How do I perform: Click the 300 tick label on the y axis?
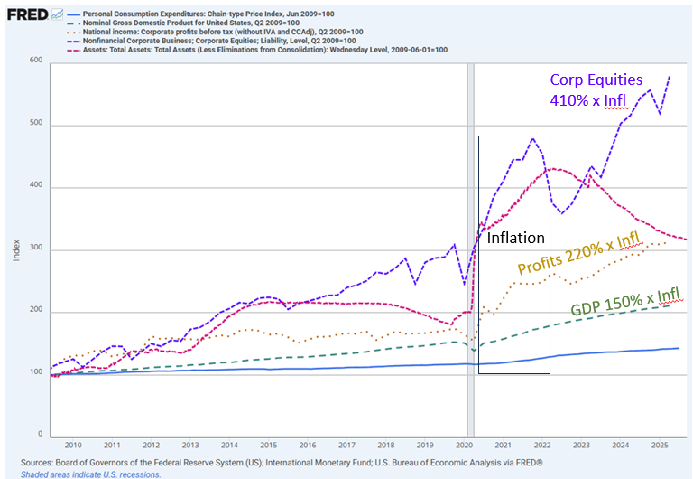click(x=35, y=250)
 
